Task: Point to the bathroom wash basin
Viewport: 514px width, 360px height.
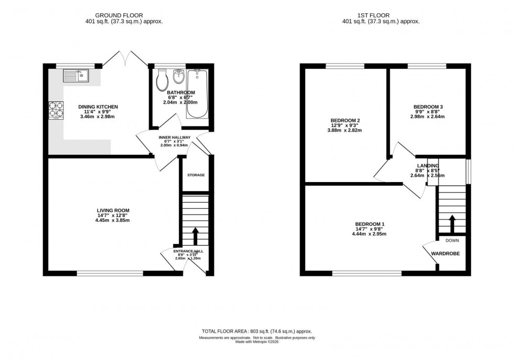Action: (x=177, y=77)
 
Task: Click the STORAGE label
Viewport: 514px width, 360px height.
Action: (x=196, y=175)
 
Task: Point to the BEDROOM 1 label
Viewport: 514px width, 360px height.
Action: (x=370, y=225)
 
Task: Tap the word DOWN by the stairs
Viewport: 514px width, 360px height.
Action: (x=452, y=240)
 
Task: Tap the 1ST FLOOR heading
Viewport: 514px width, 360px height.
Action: (x=381, y=16)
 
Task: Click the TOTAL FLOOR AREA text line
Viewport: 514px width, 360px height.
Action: (x=257, y=331)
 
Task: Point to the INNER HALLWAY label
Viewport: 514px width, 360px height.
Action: (x=174, y=137)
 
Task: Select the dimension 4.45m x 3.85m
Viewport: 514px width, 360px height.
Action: (x=109, y=220)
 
